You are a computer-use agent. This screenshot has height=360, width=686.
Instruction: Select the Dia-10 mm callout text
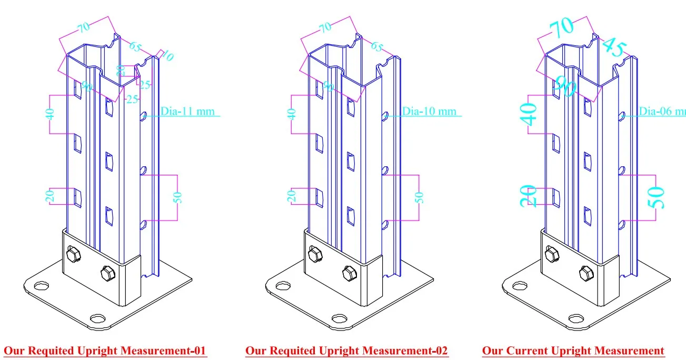[x=429, y=112]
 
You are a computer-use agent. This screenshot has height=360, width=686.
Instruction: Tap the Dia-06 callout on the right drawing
[x=663, y=112]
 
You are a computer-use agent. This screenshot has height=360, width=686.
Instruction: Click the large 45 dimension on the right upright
[x=613, y=47]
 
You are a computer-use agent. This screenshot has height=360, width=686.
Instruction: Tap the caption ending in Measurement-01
[x=105, y=351]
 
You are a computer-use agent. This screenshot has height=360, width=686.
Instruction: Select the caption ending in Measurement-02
[x=346, y=351]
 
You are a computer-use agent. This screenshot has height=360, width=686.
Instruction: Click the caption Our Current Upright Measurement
[x=573, y=351]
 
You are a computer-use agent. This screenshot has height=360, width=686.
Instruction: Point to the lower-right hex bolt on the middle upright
[x=348, y=273]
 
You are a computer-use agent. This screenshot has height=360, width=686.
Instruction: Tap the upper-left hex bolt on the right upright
[x=551, y=255]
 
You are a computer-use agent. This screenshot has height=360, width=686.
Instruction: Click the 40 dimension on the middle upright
[x=293, y=114]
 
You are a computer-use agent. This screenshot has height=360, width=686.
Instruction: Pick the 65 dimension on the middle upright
[x=377, y=46]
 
